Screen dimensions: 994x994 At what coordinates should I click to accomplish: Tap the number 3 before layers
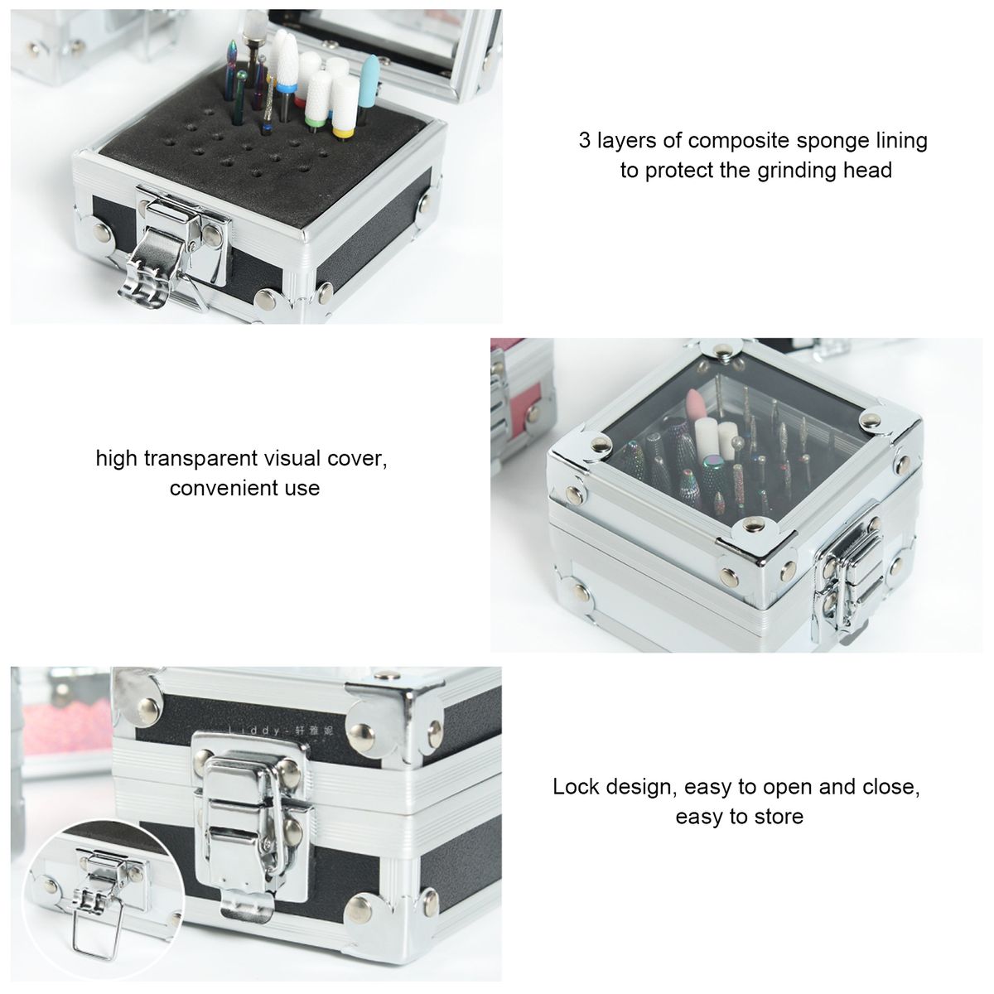pyautogui.click(x=584, y=140)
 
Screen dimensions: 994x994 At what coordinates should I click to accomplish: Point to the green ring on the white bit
pyautogui.click(x=312, y=122)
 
